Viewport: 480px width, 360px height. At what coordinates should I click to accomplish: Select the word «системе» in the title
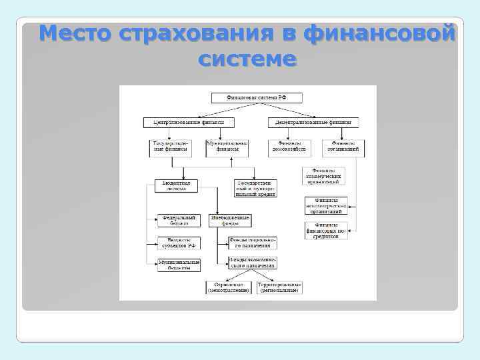(x=247, y=59)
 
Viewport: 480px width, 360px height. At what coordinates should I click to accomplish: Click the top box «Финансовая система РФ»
(x=257, y=97)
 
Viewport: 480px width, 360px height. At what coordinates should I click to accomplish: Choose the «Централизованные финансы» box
(x=183, y=123)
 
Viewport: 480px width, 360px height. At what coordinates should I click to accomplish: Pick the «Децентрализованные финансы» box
(x=313, y=123)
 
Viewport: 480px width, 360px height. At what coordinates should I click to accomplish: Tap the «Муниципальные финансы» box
(x=227, y=147)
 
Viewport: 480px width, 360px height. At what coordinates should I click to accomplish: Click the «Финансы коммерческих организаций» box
(x=323, y=176)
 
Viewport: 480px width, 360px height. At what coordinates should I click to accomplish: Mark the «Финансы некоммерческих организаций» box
(x=327, y=205)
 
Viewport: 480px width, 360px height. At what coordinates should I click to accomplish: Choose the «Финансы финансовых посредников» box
(x=327, y=230)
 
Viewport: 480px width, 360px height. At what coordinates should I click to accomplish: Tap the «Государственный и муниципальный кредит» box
(x=255, y=187)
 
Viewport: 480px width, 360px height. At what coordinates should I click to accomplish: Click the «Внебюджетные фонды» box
(x=229, y=221)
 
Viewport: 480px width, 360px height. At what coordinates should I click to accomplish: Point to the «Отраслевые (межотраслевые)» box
(x=229, y=287)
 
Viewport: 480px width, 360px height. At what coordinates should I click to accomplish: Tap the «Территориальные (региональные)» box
(x=278, y=287)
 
